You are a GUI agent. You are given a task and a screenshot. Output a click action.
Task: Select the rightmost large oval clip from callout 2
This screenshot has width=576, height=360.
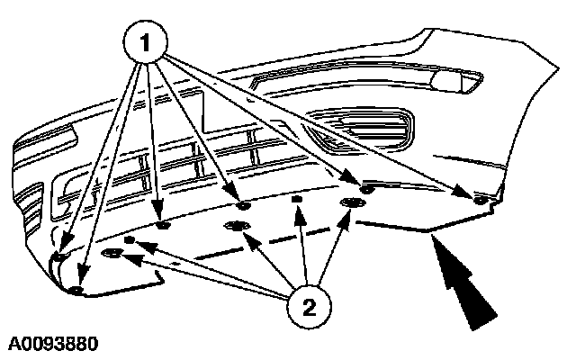click(x=351, y=204)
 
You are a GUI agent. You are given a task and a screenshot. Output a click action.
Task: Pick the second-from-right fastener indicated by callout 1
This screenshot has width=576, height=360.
click(x=367, y=188)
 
